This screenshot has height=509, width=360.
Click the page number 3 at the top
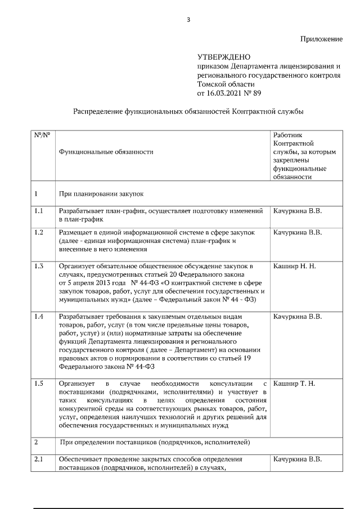point(188,21)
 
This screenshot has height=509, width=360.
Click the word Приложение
point(321,39)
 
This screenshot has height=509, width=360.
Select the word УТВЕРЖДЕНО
point(224,57)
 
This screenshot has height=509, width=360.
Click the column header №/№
point(42,136)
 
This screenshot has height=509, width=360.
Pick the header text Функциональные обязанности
point(106,152)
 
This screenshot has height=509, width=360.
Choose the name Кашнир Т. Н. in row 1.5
point(294,383)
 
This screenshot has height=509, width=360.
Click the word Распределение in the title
point(100,111)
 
